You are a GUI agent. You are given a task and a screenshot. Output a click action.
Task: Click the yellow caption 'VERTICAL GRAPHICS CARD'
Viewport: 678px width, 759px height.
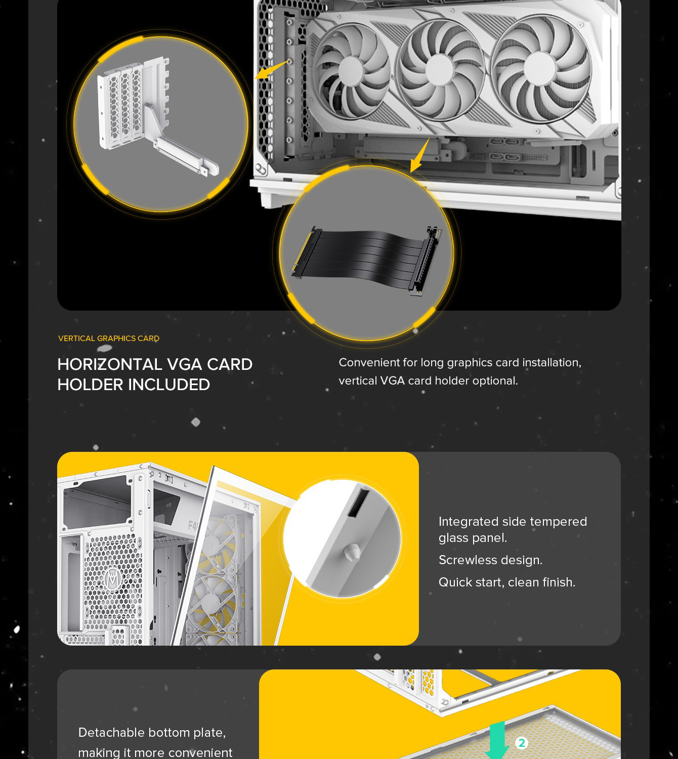pyautogui.click(x=109, y=339)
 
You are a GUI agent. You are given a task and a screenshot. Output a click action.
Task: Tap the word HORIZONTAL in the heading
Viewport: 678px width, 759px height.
pyautogui.click(x=109, y=364)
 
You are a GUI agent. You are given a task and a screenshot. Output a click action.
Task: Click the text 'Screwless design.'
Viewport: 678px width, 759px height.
pyautogui.click(x=490, y=560)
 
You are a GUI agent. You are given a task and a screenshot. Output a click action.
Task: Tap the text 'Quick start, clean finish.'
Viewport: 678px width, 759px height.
pyautogui.click(x=507, y=582)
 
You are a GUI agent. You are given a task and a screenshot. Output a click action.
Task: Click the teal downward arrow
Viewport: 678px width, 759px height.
pyautogui.click(x=497, y=740)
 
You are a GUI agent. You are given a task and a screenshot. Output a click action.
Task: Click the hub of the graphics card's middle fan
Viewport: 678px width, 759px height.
pyautogui.click(x=439, y=70)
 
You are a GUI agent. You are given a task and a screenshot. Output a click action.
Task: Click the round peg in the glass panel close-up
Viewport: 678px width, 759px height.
pyautogui.click(x=352, y=553)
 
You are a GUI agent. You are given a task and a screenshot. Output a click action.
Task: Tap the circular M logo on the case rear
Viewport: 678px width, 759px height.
pyautogui.click(x=113, y=579)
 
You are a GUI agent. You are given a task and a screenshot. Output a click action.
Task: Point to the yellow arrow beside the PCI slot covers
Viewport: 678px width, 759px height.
pyautogui.click(x=271, y=70)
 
